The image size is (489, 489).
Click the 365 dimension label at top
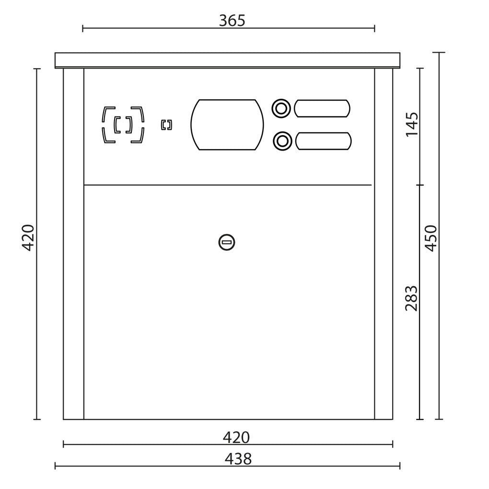click(x=232, y=21)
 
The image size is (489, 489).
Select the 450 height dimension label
click(x=431, y=238)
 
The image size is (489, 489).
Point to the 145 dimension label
click(x=412, y=124)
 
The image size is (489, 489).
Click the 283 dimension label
click(x=411, y=298)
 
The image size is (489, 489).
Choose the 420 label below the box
click(x=236, y=438)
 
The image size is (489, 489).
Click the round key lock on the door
click(x=227, y=242)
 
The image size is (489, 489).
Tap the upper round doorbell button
click(x=281, y=108)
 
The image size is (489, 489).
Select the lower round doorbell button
click(x=282, y=141)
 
